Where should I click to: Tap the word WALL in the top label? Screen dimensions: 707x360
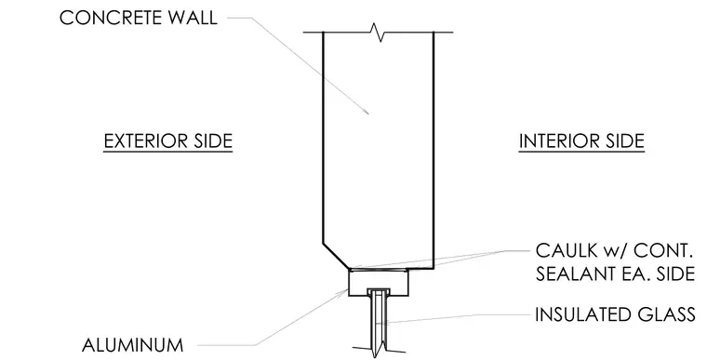pyautogui.click(x=191, y=18)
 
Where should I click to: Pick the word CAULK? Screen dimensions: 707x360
pyautogui.click(x=562, y=251)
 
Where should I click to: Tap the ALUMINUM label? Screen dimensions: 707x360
pyautogui.click(x=132, y=345)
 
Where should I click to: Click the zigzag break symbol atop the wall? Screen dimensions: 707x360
pyautogui.click(x=377, y=33)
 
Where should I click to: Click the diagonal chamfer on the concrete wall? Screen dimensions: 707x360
pyautogui.click(x=336, y=256)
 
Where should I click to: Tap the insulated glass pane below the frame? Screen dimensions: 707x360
pyautogui.click(x=377, y=321)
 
